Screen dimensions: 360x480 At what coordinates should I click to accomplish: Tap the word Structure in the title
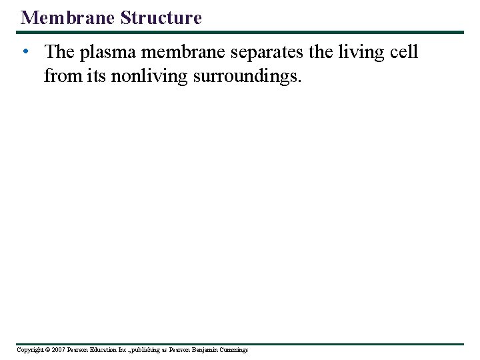(161, 17)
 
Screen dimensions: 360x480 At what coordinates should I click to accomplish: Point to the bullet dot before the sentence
(25, 52)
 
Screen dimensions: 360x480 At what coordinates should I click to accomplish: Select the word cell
(405, 52)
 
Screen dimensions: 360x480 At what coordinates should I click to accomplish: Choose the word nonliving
(149, 77)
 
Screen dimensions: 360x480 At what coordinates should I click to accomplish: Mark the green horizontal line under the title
(240, 32)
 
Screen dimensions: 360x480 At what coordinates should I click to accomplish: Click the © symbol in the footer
(47, 350)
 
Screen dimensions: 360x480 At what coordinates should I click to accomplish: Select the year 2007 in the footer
(58, 350)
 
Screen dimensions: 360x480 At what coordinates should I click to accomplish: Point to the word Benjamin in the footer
(207, 350)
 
